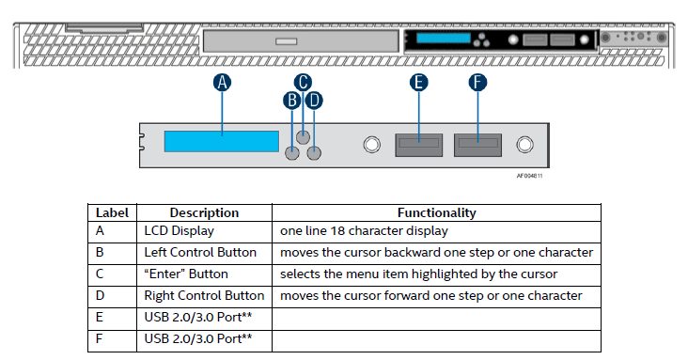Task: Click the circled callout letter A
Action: coord(222,83)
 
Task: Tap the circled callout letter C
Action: coord(303,82)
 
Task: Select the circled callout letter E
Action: coord(418,83)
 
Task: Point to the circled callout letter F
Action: coord(477,83)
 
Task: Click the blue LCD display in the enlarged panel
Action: coord(222,141)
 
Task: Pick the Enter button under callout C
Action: coord(303,137)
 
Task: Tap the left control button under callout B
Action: coord(292,153)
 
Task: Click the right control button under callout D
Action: coord(314,153)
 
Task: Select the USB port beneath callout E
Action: coord(418,146)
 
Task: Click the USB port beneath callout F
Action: coord(477,146)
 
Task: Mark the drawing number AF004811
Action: coord(529,176)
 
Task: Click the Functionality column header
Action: coord(437,213)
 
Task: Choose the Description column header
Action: coord(204,213)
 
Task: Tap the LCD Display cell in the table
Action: coord(179,231)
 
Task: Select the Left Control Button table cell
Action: coord(200,253)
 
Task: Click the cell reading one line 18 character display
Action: coord(364,231)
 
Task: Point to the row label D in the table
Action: coord(100,295)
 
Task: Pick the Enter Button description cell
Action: coord(186,274)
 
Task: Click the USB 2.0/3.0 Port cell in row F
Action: coord(198,339)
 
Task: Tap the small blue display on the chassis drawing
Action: coord(444,39)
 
